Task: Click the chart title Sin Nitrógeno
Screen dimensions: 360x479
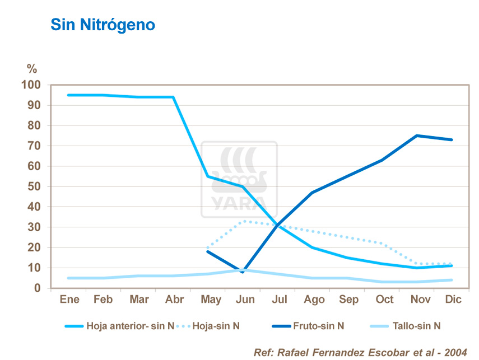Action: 103,25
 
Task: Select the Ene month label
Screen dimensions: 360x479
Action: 69,300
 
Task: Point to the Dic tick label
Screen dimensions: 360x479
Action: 453,300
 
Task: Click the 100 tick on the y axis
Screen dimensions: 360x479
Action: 31,85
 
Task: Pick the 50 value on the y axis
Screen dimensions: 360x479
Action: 35,186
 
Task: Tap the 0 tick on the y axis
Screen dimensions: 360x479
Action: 38,288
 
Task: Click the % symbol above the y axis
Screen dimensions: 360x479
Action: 32,69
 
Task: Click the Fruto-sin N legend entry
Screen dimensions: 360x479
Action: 318,326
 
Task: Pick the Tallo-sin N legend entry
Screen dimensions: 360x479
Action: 421,326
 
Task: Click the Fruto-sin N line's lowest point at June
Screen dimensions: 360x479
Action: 243,272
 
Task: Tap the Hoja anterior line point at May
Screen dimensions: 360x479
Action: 208,176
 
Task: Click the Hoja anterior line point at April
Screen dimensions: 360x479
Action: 173,97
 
